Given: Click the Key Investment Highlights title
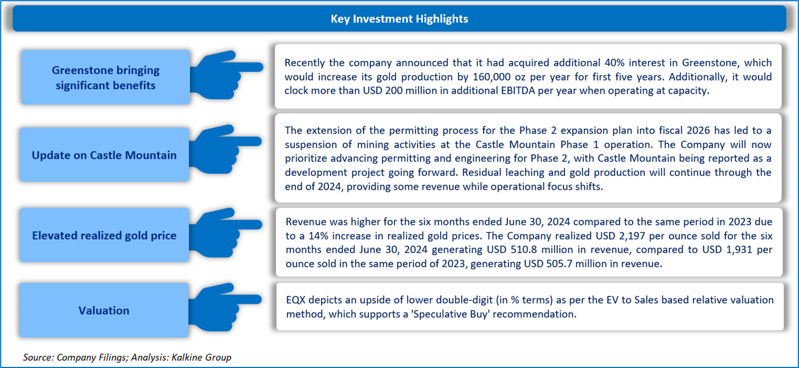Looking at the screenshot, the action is [x=399, y=19].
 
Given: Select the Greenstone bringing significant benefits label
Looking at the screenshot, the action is [x=106, y=77].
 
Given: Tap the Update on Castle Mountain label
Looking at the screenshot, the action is [x=104, y=155].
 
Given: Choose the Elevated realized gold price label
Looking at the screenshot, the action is [x=104, y=235].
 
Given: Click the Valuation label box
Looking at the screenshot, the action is [x=104, y=310].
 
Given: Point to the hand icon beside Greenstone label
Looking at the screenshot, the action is [x=226, y=75].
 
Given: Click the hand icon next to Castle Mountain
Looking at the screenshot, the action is [x=225, y=149].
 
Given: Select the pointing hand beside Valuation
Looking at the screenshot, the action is [x=225, y=307].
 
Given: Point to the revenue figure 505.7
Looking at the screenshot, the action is [x=559, y=264].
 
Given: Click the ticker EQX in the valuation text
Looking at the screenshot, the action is [x=296, y=300].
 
